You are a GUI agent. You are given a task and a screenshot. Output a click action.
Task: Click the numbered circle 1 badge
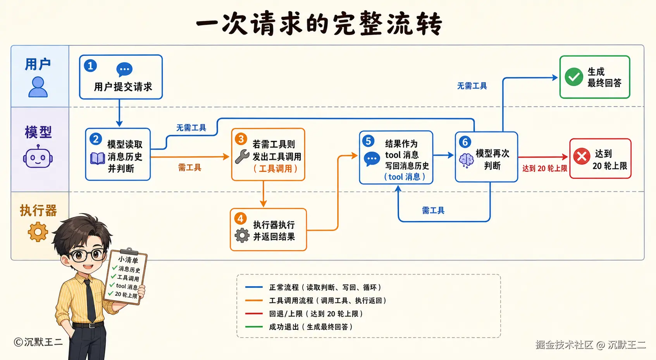90,65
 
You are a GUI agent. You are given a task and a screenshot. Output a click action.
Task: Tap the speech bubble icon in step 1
124,69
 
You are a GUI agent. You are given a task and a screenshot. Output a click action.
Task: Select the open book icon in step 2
98,158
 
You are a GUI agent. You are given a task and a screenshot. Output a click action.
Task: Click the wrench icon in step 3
242,156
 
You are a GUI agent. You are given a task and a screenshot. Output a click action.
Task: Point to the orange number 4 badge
241,219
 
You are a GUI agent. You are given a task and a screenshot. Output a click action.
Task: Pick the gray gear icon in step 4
242,235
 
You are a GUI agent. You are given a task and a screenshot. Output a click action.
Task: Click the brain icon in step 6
466,160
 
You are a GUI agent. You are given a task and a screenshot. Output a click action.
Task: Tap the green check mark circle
574,77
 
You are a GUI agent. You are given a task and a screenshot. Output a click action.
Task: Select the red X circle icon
582,156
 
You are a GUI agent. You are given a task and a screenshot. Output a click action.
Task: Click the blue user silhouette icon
38,87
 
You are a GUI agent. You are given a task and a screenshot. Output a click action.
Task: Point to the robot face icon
38,157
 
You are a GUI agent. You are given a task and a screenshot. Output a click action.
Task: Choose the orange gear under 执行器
38,232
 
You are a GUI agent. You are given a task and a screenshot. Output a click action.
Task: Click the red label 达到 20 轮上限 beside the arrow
545,169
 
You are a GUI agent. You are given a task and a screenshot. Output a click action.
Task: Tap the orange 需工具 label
189,167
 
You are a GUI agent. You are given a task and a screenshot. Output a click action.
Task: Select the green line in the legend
254,327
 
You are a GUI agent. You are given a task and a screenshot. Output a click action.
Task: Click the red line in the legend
254,313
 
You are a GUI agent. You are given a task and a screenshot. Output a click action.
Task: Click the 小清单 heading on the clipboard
128,260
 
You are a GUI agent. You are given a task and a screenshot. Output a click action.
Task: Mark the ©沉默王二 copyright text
38,342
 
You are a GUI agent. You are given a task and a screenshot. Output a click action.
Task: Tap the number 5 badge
368,141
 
